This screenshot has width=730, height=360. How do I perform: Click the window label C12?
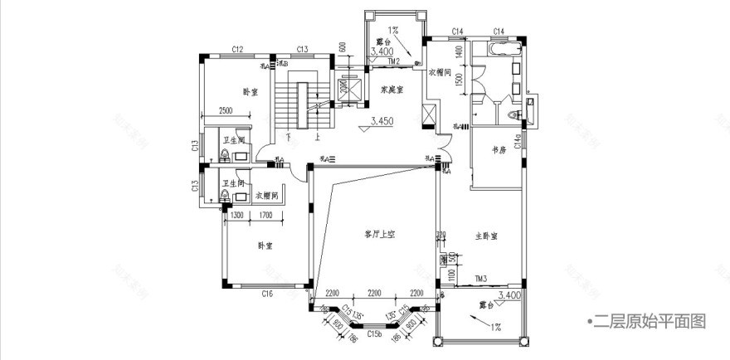tap(236, 50)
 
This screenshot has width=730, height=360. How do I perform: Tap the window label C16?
tap(267, 294)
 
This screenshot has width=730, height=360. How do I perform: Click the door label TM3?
tap(480, 279)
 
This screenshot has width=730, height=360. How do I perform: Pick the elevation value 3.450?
tap(382, 121)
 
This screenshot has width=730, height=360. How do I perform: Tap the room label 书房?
tap(498, 151)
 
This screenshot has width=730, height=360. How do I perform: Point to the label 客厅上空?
tap(379, 235)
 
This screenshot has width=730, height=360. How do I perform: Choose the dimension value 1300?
tap(236, 215)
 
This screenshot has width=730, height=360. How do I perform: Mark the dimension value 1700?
tap(265, 215)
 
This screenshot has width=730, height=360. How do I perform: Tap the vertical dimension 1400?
tap(458, 52)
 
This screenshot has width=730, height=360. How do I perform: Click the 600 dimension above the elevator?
tap(341, 46)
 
